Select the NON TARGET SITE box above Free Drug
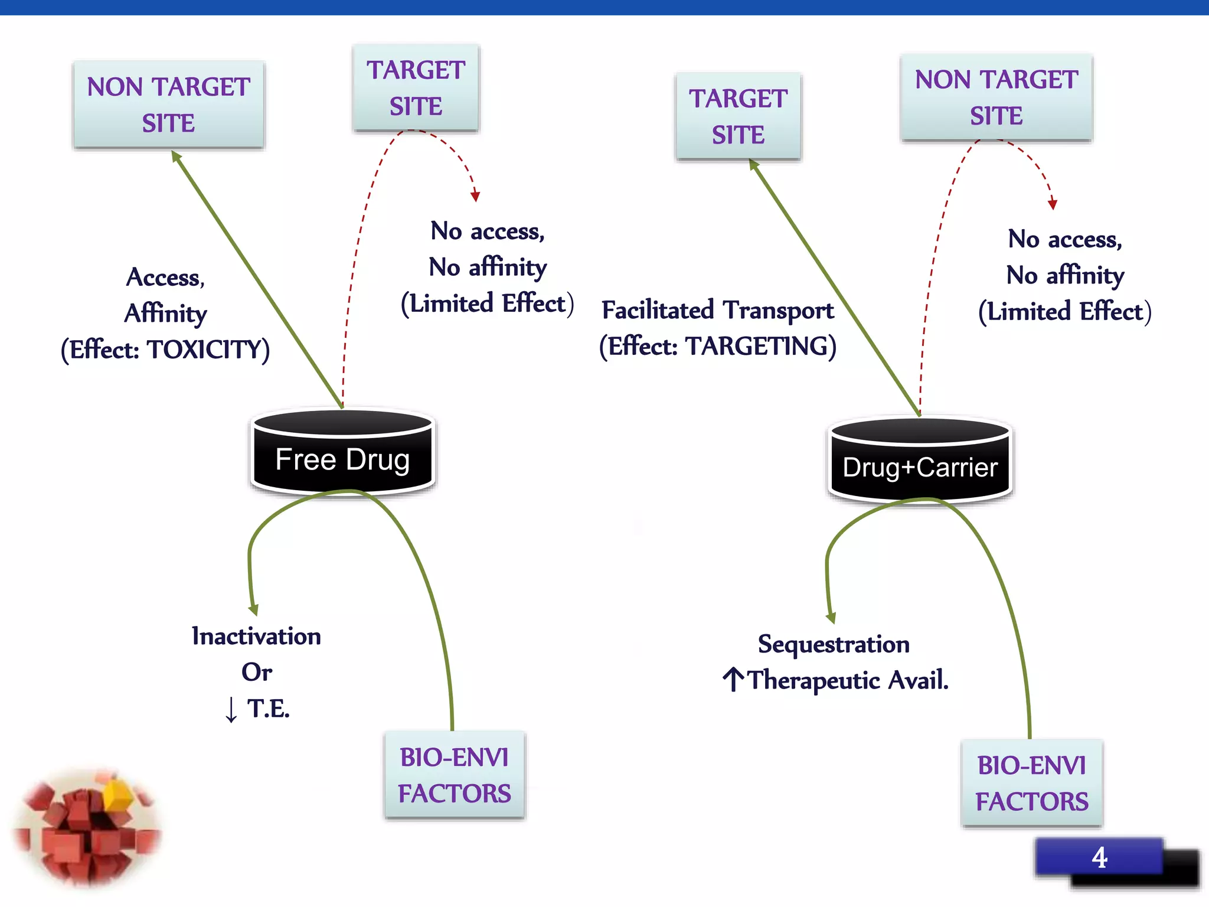168,105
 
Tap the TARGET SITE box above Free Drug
416,87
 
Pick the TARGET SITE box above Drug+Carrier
738,116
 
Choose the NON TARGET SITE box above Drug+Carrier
996,97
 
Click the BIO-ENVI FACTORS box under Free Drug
454,775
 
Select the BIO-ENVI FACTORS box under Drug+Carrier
1031,783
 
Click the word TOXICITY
203,350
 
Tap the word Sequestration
834,644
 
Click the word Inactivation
256,636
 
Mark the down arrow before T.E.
231,709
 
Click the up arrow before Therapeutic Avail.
733,680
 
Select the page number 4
1099,857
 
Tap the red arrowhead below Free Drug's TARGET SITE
475,197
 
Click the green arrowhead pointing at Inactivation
253,609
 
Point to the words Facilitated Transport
717,310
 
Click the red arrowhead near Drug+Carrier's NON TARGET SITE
1052,204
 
